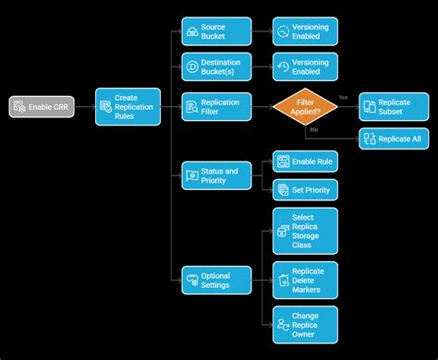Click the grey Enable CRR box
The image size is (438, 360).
pyautogui.click(x=37, y=107)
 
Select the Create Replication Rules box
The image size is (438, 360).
pyautogui.click(x=128, y=107)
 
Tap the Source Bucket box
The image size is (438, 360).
pyautogui.click(x=215, y=32)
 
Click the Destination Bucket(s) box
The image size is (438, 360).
pyautogui.click(x=215, y=66)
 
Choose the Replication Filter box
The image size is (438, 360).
pyautogui.click(x=215, y=107)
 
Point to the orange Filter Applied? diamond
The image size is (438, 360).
pyautogui.click(x=304, y=107)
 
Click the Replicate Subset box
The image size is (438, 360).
pyautogui.click(x=394, y=107)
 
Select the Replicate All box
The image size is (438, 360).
pyautogui.click(x=394, y=139)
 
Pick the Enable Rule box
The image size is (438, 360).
pyautogui.click(x=304, y=161)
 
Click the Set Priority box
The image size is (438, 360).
pyautogui.click(x=304, y=190)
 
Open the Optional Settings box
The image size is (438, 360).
pyautogui.click(x=215, y=280)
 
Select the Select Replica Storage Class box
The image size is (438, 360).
pyautogui.click(x=304, y=231)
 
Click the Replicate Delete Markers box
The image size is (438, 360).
pyautogui.click(x=304, y=280)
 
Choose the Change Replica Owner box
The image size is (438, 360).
pyautogui.click(x=304, y=325)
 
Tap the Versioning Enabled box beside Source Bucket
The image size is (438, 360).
pyautogui.click(x=304, y=32)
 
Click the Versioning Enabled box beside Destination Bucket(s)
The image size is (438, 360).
pyautogui.click(x=304, y=66)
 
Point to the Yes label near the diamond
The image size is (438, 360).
pyautogui.click(x=343, y=97)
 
